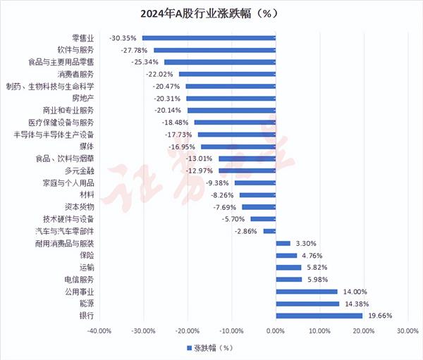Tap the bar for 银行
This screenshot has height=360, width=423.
click(319, 316)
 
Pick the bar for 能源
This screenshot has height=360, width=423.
click(308, 304)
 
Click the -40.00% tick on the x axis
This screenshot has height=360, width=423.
click(99, 330)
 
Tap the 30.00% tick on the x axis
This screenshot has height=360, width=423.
click(407, 330)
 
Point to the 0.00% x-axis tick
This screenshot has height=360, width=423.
click(276, 330)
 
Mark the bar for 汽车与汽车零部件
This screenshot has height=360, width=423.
click(269, 231)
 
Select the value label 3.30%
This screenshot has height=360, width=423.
click(306, 243)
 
